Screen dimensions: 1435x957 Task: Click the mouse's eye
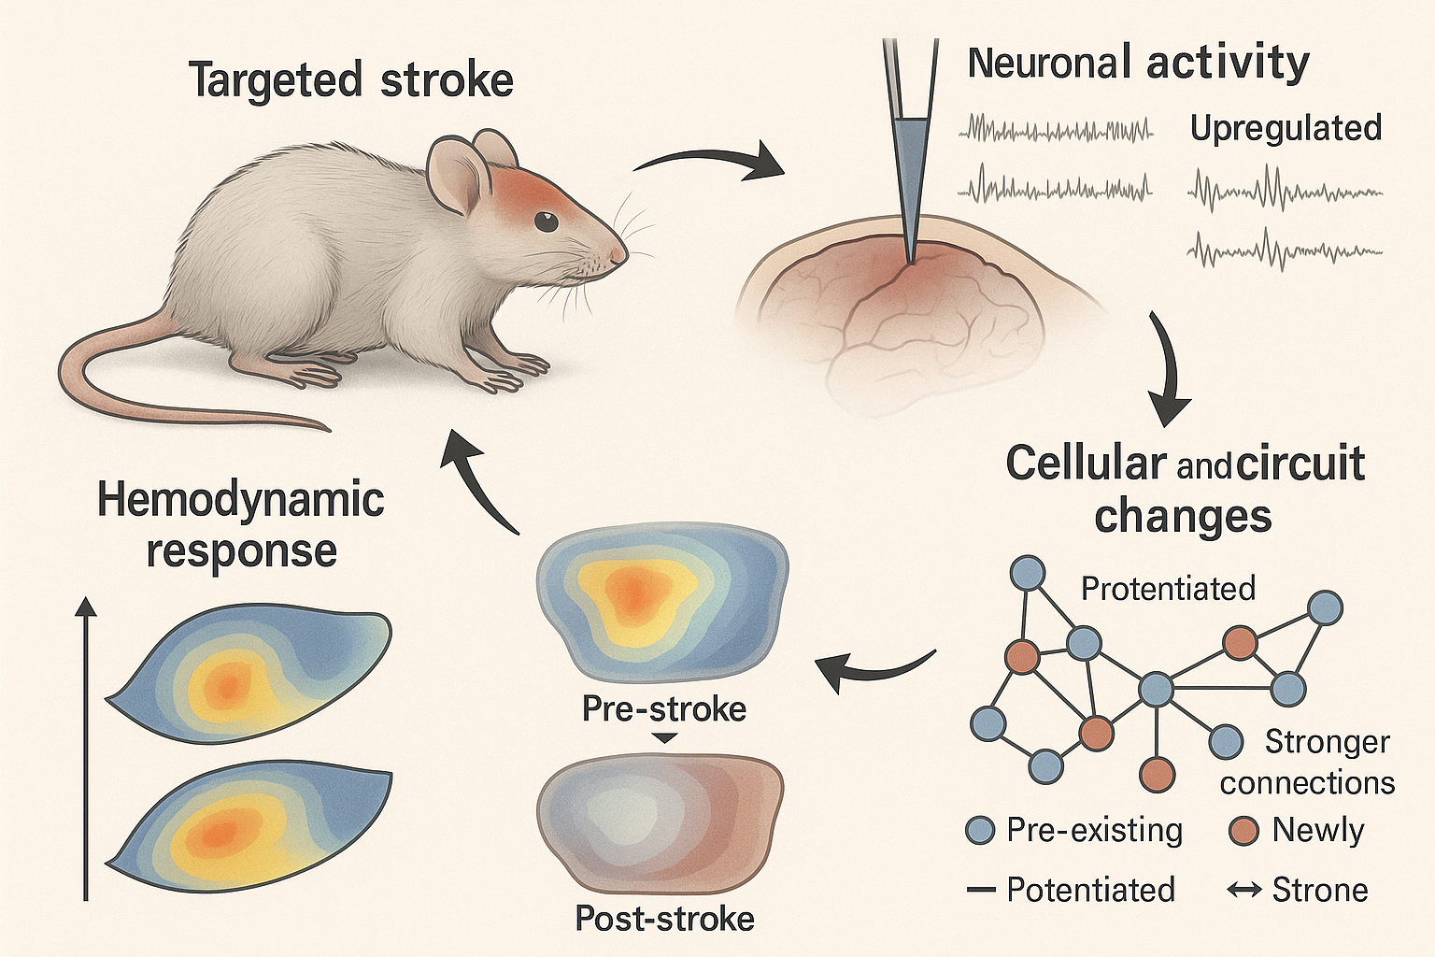[x=546, y=221]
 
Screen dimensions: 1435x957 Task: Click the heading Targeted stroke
[x=351, y=80]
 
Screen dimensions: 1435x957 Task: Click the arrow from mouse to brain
[x=708, y=160]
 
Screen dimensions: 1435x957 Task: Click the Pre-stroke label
[x=664, y=709]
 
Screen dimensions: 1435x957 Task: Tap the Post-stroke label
[x=664, y=919]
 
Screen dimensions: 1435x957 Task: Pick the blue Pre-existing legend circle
[x=979, y=832]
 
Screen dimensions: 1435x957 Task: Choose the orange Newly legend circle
[x=1244, y=832]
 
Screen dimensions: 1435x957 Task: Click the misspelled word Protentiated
[x=1169, y=589]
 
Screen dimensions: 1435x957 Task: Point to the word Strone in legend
[x=1320, y=890]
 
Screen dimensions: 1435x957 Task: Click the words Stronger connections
[x=1307, y=763]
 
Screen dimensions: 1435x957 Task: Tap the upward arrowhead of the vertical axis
[x=86, y=606]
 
